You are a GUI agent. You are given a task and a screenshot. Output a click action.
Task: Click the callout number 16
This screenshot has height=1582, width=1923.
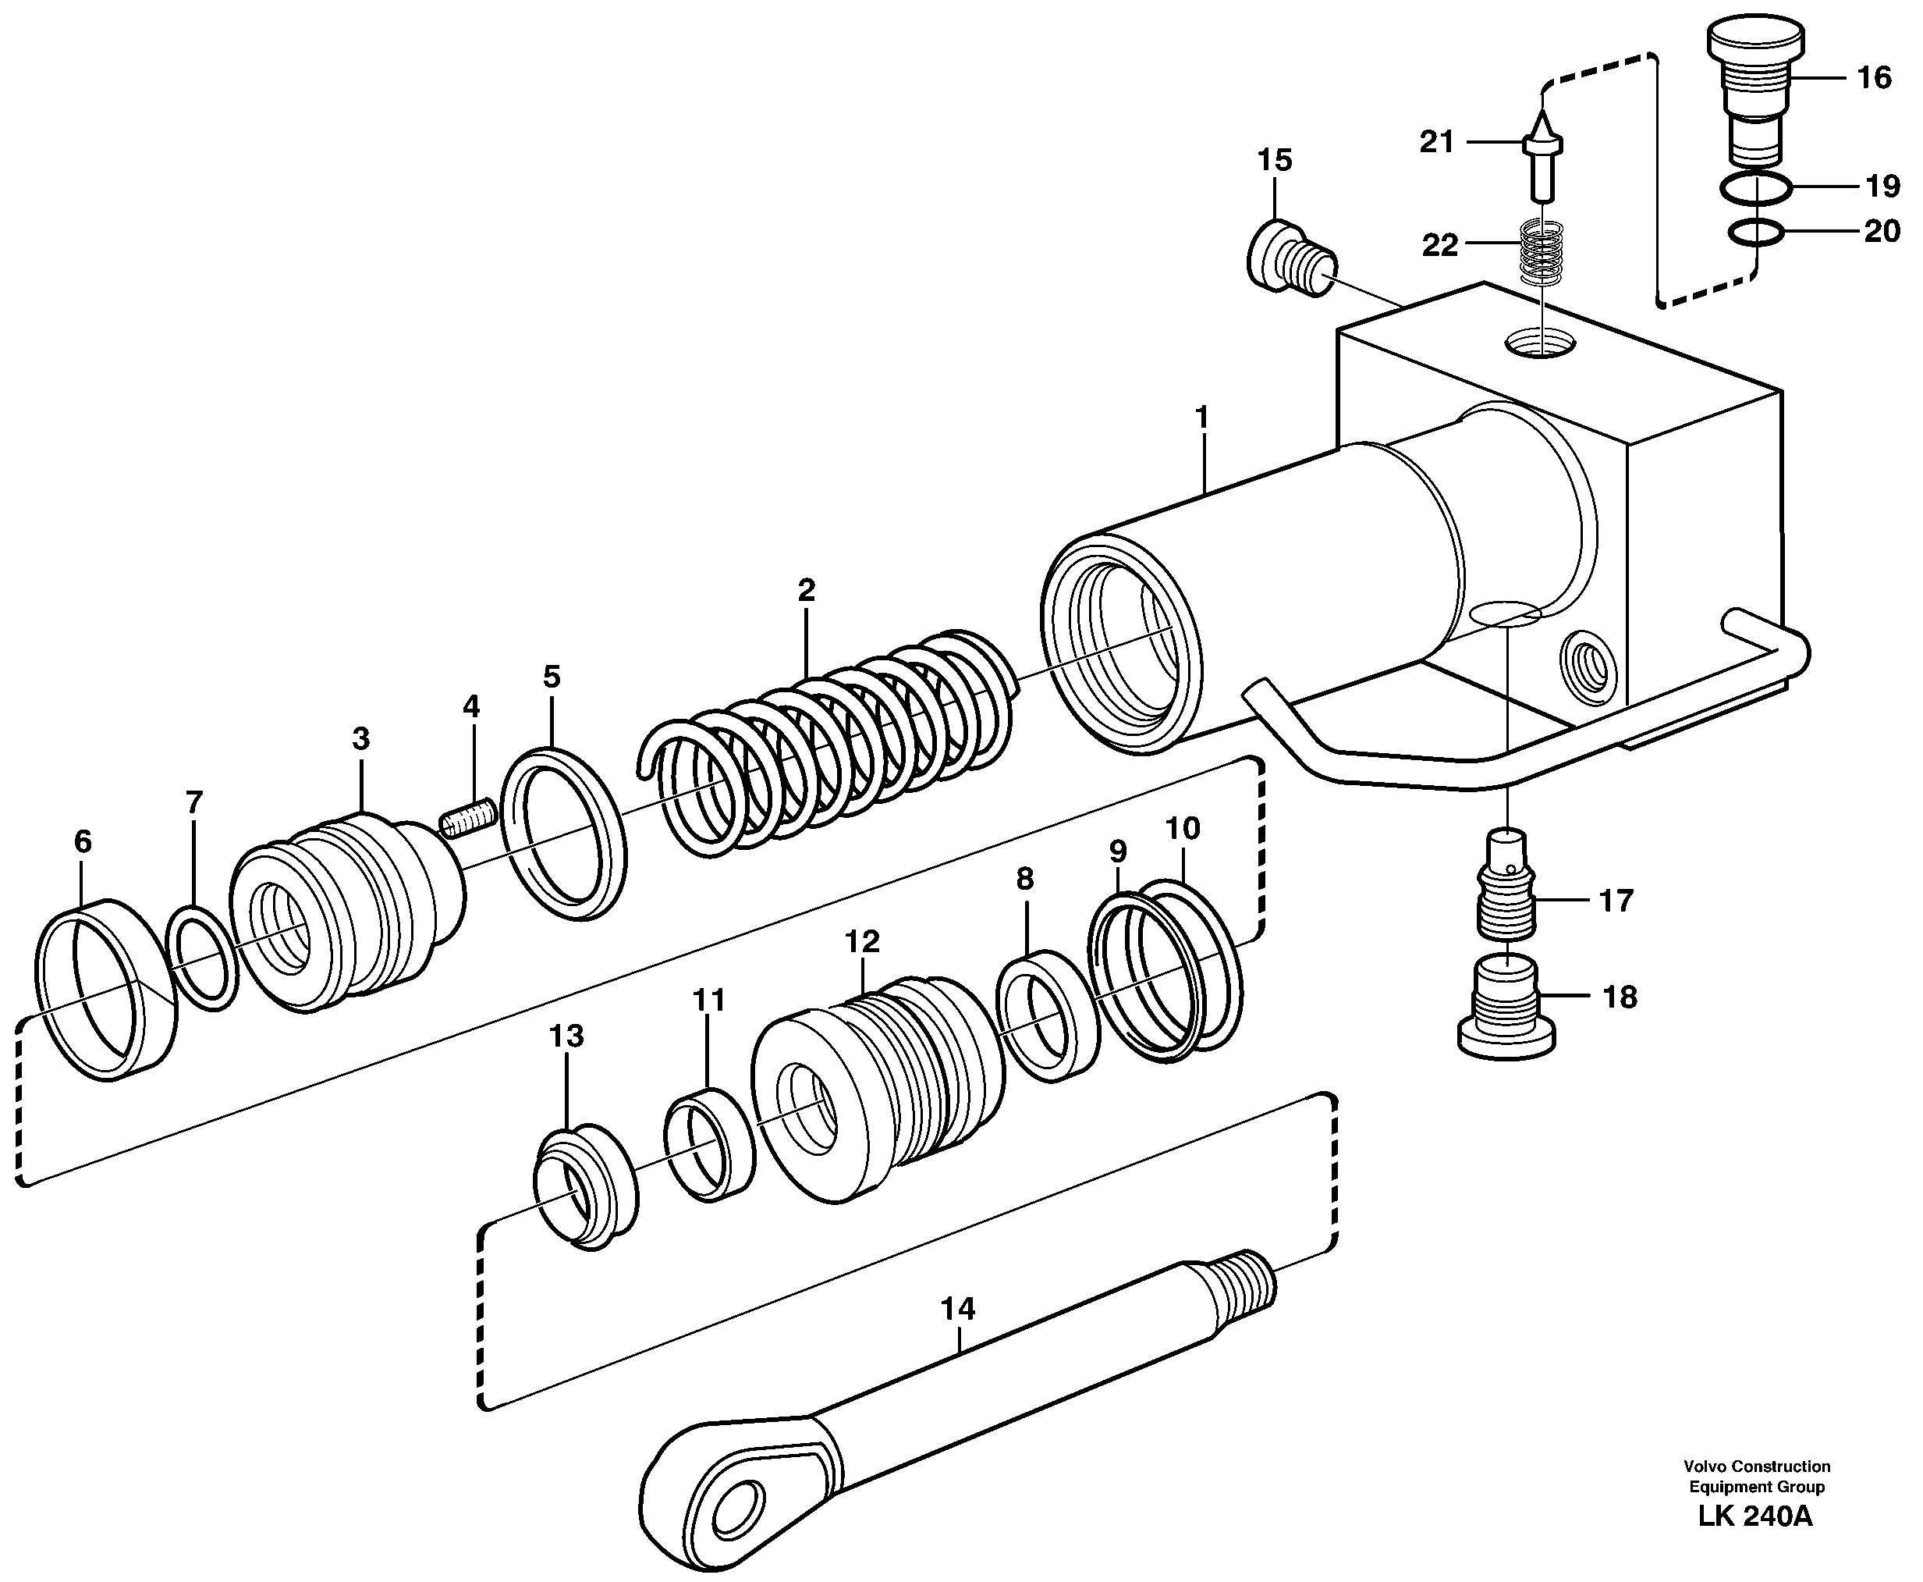[1873, 78]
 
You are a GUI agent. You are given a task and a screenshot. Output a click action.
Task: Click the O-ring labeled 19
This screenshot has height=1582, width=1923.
[1755, 190]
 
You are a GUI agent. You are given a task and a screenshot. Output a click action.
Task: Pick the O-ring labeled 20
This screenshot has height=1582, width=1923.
[1755, 233]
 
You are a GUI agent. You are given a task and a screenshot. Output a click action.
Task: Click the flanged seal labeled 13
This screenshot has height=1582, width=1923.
[585, 1187]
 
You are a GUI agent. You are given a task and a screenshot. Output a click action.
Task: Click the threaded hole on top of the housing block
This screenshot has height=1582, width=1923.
[1539, 344]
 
